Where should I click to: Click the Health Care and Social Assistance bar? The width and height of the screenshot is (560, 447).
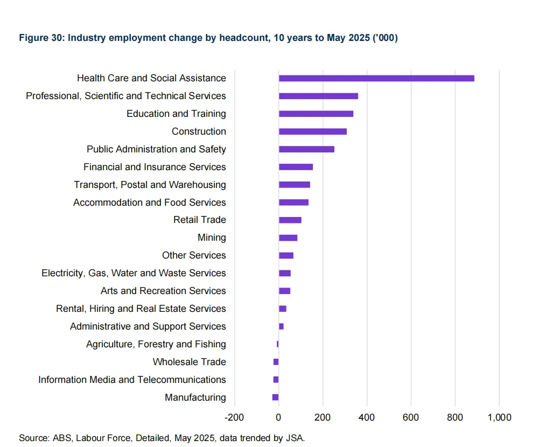[376, 78]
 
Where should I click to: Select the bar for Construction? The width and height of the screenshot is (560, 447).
[313, 131]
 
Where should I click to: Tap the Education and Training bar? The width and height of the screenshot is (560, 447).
[316, 114]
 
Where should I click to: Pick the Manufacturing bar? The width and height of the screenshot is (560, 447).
[276, 397]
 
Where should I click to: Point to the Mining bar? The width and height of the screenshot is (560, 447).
[288, 238]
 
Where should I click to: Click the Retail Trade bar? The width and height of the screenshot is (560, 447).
[290, 220]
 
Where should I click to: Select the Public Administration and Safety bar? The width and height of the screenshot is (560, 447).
[306, 149]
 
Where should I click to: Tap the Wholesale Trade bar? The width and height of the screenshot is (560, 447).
[276, 362]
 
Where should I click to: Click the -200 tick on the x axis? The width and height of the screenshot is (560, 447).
[234, 417]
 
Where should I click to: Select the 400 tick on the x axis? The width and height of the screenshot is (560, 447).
[367, 417]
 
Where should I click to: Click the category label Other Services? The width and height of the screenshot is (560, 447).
[194, 255]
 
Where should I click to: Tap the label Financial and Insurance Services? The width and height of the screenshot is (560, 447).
[155, 167]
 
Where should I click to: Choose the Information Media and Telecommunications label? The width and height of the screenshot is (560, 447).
[132, 380]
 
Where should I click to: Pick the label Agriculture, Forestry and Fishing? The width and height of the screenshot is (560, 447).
[156, 344]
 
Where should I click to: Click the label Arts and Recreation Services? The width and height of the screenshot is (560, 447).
[163, 291]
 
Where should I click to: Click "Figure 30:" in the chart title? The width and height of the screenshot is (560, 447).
[41, 38]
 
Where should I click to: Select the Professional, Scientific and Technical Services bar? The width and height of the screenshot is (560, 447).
[318, 96]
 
